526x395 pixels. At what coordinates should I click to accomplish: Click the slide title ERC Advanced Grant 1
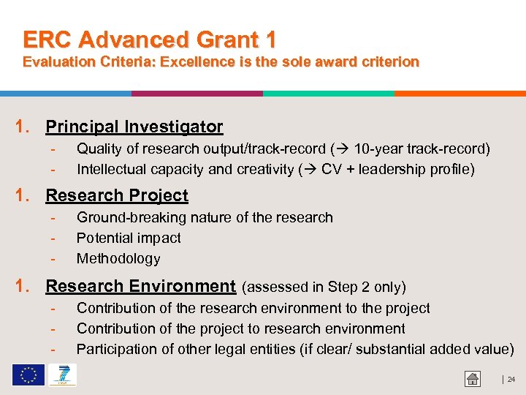coord(149,39)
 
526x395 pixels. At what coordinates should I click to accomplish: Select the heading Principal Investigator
coord(134,127)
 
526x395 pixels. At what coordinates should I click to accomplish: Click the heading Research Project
coord(117,195)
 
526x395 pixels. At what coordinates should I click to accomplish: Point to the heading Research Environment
coord(140,286)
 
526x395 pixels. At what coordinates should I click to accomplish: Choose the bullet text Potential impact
coord(129,238)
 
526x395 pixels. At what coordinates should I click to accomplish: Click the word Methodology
coord(118,258)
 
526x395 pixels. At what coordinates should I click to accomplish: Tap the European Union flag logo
coord(28,375)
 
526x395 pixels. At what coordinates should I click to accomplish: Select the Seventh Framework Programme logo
coord(61,375)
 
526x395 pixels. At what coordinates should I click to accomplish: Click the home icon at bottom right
coord(473,378)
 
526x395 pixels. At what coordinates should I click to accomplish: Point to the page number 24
coord(511,379)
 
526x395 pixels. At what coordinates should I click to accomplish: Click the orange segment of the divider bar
coord(460,94)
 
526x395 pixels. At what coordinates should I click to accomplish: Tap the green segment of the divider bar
coord(328,94)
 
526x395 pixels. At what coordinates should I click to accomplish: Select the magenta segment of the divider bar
coord(197,94)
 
